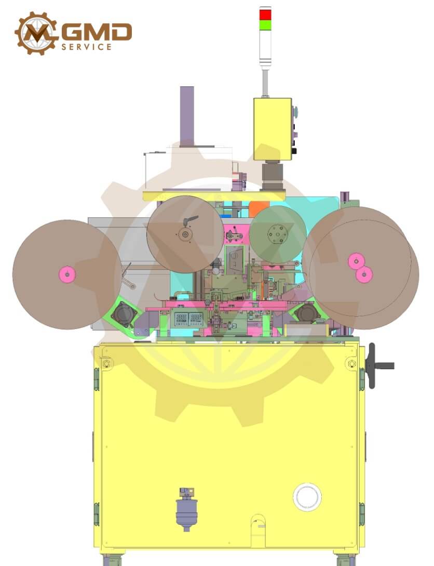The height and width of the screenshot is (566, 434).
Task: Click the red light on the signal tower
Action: (265, 15)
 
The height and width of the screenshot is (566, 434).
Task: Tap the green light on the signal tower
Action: (265, 24)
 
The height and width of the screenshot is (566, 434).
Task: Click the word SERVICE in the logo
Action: (86, 47)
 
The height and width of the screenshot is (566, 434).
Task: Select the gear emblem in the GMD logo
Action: (36, 33)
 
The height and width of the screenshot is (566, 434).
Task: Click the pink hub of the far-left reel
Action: (67, 274)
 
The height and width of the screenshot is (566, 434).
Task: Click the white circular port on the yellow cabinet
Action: (307, 497)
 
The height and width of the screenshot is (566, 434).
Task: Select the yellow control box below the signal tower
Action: (273, 129)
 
